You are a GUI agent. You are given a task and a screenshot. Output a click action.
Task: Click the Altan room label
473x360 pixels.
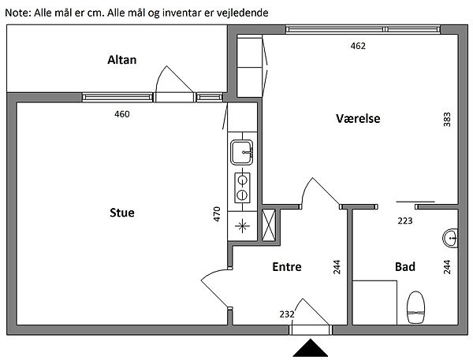pyautogui.click(x=122, y=60)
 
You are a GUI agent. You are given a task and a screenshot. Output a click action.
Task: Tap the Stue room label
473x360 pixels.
pyautogui.click(x=122, y=213)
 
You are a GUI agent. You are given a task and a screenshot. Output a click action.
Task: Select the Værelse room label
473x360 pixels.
pyautogui.click(x=358, y=118)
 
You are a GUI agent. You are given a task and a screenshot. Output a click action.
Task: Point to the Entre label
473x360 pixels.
pyautogui.click(x=287, y=267)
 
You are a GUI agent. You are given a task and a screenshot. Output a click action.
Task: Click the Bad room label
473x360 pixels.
pyautogui.click(x=405, y=267)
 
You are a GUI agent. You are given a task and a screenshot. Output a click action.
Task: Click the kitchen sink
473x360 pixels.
pyautogui.click(x=242, y=152)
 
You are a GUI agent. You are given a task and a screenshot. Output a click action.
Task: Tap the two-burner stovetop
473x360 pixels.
pyautogui.click(x=242, y=187)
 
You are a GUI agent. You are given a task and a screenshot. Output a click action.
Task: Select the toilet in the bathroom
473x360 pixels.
pyautogui.click(x=416, y=307)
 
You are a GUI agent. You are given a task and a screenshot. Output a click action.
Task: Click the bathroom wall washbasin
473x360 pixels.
pyautogui.click(x=450, y=239)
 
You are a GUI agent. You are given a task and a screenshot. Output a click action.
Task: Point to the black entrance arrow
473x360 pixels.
pyautogui.click(x=310, y=348)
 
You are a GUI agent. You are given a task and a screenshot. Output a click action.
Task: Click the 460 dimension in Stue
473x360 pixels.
pyautogui.click(x=122, y=114)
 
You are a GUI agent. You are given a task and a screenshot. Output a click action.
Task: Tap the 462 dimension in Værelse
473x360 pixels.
pyautogui.click(x=358, y=46)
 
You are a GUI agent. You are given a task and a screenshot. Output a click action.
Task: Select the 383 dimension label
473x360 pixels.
pyautogui.click(x=447, y=120)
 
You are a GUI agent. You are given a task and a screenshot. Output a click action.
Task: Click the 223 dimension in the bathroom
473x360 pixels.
pyautogui.click(x=405, y=221)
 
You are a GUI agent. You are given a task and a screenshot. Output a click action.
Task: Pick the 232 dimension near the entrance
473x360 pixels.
pyautogui.click(x=287, y=314)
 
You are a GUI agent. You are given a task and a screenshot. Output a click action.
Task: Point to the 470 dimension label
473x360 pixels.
pyautogui.click(x=217, y=214)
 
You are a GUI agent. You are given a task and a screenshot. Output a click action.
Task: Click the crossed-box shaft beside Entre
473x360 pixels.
pyautogui.click(x=269, y=225)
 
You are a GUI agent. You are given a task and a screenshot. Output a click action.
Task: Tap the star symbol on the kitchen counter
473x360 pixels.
pyautogui.click(x=242, y=226)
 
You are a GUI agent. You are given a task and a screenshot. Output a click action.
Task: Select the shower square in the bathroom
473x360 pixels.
pyautogui.click(x=374, y=302)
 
